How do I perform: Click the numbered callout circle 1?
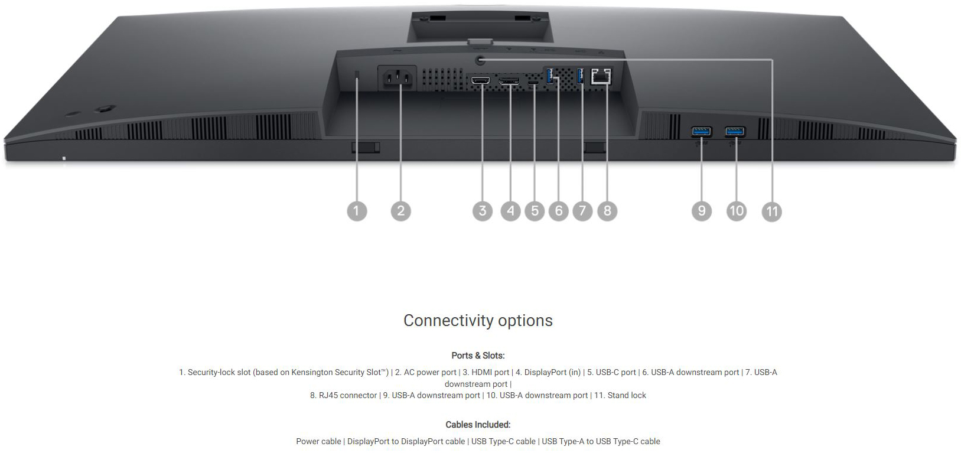click(x=356, y=211)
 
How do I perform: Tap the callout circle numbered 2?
click(x=400, y=211)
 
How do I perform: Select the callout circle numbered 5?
click(x=535, y=211)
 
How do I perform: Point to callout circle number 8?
click(x=607, y=211)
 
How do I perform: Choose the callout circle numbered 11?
click(x=771, y=211)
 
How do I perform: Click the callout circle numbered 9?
click(x=701, y=211)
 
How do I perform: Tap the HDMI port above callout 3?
click(x=481, y=80)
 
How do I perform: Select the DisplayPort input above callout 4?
click(x=509, y=80)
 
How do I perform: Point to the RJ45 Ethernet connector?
click(x=601, y=76)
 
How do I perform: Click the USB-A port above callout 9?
click(x=701, y=131)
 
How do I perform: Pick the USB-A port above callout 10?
click(x=735, y=131)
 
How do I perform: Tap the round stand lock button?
click(x=481, y=60)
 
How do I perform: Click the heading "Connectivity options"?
click(x=478, y=321)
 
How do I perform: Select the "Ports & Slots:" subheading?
click(x=478, y=356)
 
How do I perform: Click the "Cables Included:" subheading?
click(x=478, y=425)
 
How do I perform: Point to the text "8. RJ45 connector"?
click(x=343, y=395)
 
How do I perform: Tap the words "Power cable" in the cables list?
click(x=318, y=441)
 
